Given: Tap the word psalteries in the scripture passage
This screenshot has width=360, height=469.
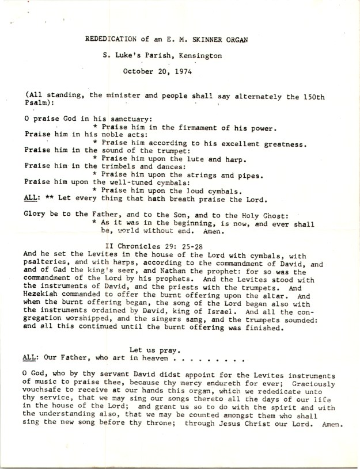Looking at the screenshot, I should pyautogui.click(x=46, y=262).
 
